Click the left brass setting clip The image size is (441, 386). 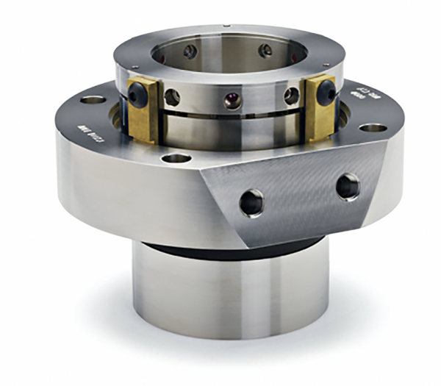(x=146, y=110)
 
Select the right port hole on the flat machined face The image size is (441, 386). (x=348, y=185)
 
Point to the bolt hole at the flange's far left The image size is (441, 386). (x=93, y=99)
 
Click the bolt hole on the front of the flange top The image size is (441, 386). (x=175, y=157)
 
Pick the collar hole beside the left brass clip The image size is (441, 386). (x=173, y=97)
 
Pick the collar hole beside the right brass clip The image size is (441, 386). (x=292, y=96)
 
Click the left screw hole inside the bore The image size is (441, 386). (x=190, y=51)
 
